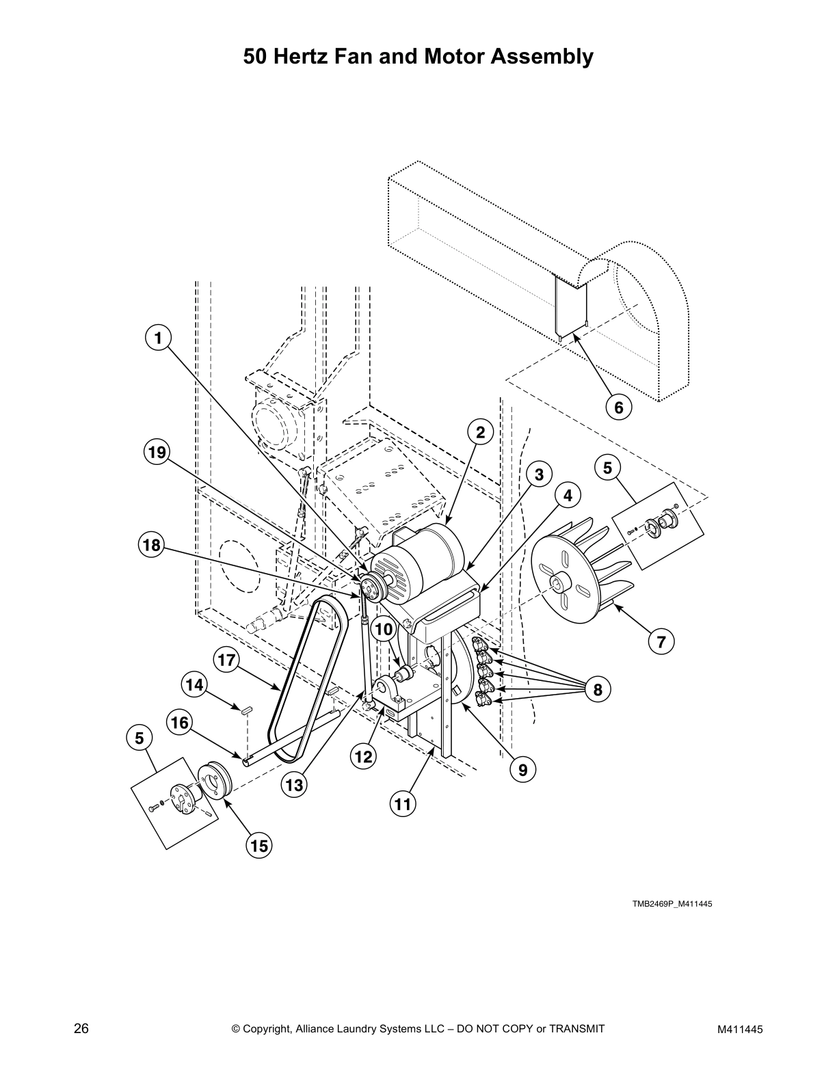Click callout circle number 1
[158, 338]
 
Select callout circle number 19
[158, 452]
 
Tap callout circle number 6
[619, 407]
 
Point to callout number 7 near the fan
[661, 642]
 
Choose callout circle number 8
[598, 690]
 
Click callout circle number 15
[259, 846]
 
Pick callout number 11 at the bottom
[403, 804]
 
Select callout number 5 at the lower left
[139, 738]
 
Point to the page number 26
[81, 1028]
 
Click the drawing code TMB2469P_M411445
[672, 904]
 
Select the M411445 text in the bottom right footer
[741, 1029]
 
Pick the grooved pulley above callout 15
[215, 780]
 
